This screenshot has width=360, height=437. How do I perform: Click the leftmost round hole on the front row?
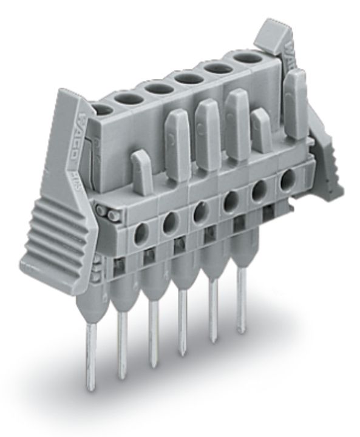click(x=142, y=229)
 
